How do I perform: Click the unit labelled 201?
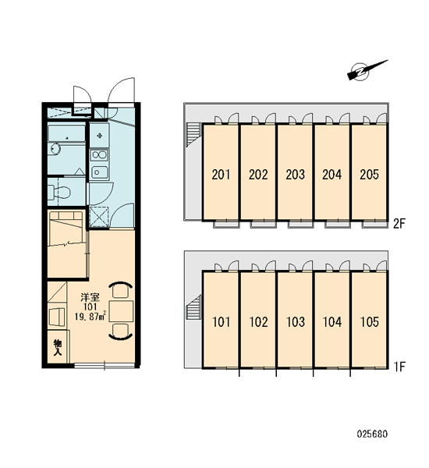pyautogui.click(x=221, y=172)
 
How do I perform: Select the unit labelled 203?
pyautogui.click(x=295, y=172)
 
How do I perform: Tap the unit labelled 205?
pyautogui.click(x=369, y=172)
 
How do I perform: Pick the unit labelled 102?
pyautogui.click(x=258, y=319)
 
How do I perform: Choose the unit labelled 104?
pyautogui.click(x=332, y=319)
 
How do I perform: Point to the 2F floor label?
pyautogui.click(x=399, y=224)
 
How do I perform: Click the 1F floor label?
pyautogui.click(x=399, y=367)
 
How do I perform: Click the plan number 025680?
pyautogui.click(x=372, y=434)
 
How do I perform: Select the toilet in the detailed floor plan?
pyautogui.click(x=59, y=191)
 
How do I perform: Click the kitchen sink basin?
pyautogui.click(x=99, y=172)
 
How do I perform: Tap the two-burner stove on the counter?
pyautogui.click(x=99, y=155)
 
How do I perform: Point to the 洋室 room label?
pyautogui.click(x=90, y=297)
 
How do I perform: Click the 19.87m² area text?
pyautogui.click(x=90, y=316)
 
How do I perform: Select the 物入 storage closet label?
pyautogui.click(x=57, y=347)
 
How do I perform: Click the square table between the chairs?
pyautogui.click(x=121, y=311)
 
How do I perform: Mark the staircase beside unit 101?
pyautogui.click(x=193, y=308)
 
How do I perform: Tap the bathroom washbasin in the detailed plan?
pyautogui.click(x=55, y=148)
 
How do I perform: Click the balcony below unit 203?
pyautogui.click(x=300, y=225)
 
